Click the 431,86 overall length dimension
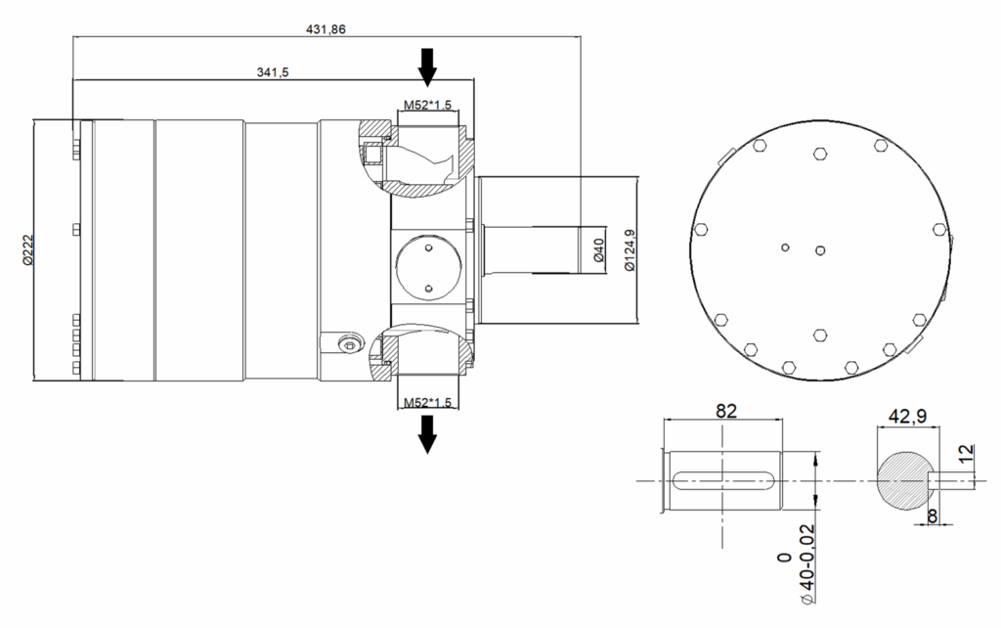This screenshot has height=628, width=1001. pos(326,29)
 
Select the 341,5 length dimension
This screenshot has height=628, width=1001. pos(273,72)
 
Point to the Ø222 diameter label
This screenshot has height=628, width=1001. pos(27,249)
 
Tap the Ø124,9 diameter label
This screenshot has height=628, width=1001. pos(630,249)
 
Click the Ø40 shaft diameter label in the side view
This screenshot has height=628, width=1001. pos(599,249)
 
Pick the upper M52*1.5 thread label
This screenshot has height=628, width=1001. pos(427,105)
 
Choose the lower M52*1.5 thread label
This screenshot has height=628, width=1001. pos(427,402)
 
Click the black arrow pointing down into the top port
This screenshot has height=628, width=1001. pos(427,67)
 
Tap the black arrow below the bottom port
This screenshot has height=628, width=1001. pos(427,434)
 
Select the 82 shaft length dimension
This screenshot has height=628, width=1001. pos(726,411)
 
